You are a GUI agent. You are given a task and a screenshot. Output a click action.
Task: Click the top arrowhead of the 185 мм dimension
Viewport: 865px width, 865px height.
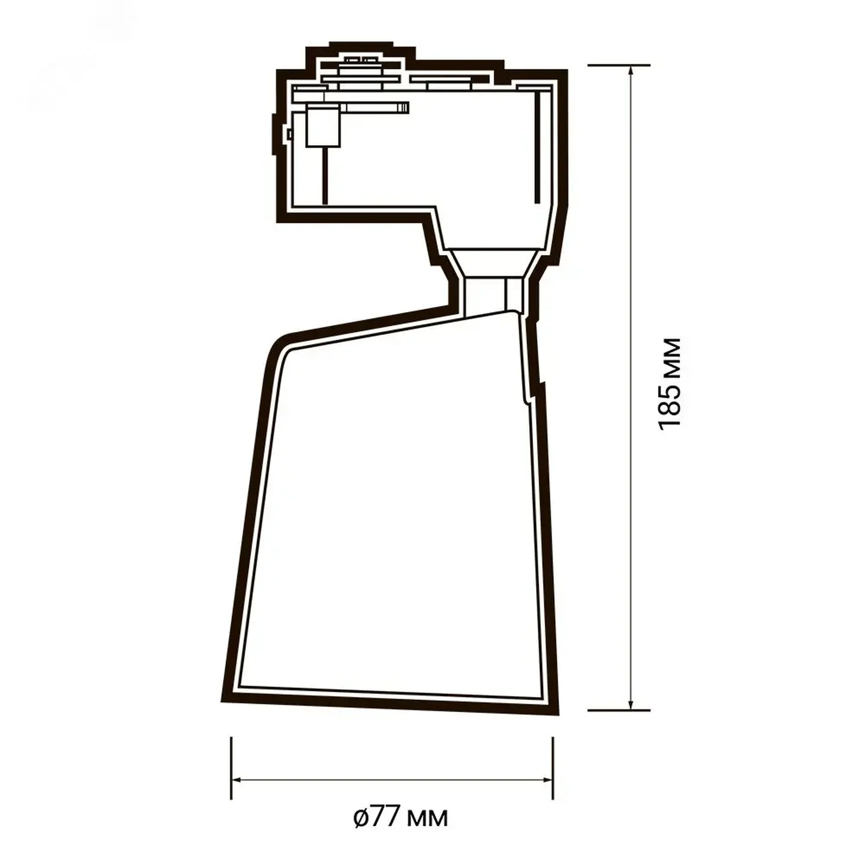pos(631,70)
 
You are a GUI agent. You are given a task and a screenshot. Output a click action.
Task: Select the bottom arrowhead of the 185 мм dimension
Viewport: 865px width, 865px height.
pos(631,705)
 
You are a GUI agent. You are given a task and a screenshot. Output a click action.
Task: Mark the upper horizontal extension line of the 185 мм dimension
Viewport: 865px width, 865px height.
pos(619,65)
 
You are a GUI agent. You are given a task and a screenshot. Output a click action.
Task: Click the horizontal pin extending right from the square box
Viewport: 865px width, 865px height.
pos(375,107)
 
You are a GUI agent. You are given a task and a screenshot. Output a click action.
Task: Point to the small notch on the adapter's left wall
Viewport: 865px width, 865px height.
pos(289,134)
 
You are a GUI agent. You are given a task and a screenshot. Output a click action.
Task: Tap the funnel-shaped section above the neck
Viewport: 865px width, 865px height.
pos(493,262)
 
